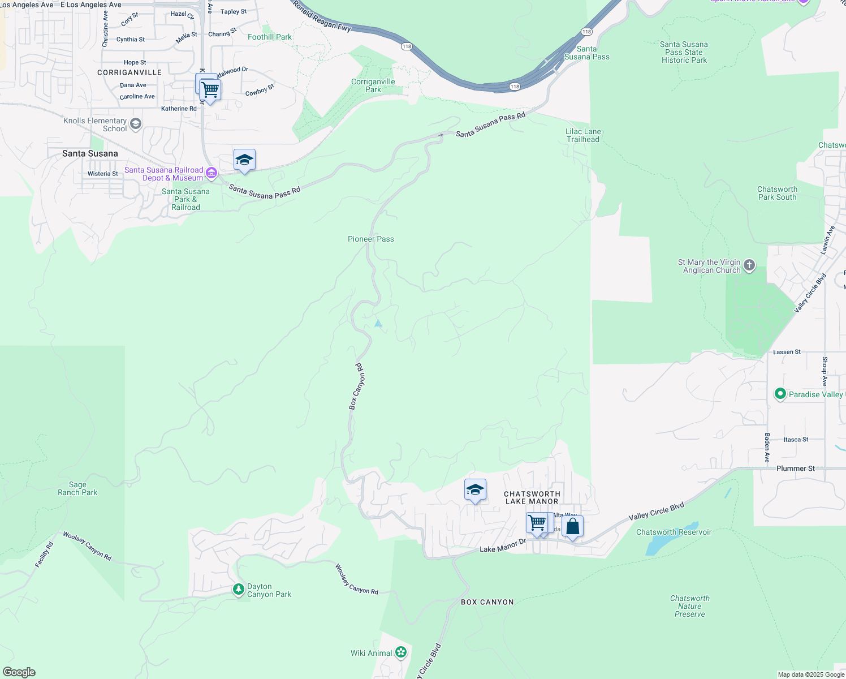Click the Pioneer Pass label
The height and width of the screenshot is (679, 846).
[x=370, y=239]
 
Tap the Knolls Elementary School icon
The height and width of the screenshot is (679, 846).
[x=135, y=124]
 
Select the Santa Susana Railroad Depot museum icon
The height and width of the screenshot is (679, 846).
[x=212, y=173]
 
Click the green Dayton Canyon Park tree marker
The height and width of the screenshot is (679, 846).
[x=239, y=590]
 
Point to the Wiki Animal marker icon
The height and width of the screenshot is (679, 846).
[x=401, y=652]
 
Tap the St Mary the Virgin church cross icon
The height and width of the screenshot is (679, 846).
[x=749, y=265]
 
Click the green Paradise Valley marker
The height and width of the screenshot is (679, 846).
[x=780, y=394]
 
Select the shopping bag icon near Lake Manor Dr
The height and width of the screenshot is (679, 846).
[x=572, y=527]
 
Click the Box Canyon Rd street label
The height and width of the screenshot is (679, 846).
[x=356, y=386]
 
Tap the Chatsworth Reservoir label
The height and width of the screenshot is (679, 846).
[x=674, y=532]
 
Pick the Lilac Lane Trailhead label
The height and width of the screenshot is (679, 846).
[x=583, y=135]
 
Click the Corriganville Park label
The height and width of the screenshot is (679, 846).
[x=373, y=85]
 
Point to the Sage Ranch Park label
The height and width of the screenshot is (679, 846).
[x=77, y=488]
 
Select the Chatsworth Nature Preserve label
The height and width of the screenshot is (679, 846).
[x=689, y=606]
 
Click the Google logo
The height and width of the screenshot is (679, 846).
[x=19, y=672]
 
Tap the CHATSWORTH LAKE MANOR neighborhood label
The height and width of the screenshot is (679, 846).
[x=532, y=497]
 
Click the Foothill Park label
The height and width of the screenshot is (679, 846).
[x=270, y=37]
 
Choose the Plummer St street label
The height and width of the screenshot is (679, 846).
[x=795, y=469]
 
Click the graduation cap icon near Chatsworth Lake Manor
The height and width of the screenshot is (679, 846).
[x=475, y=489]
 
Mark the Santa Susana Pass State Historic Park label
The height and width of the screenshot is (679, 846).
[x=684, y=52]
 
